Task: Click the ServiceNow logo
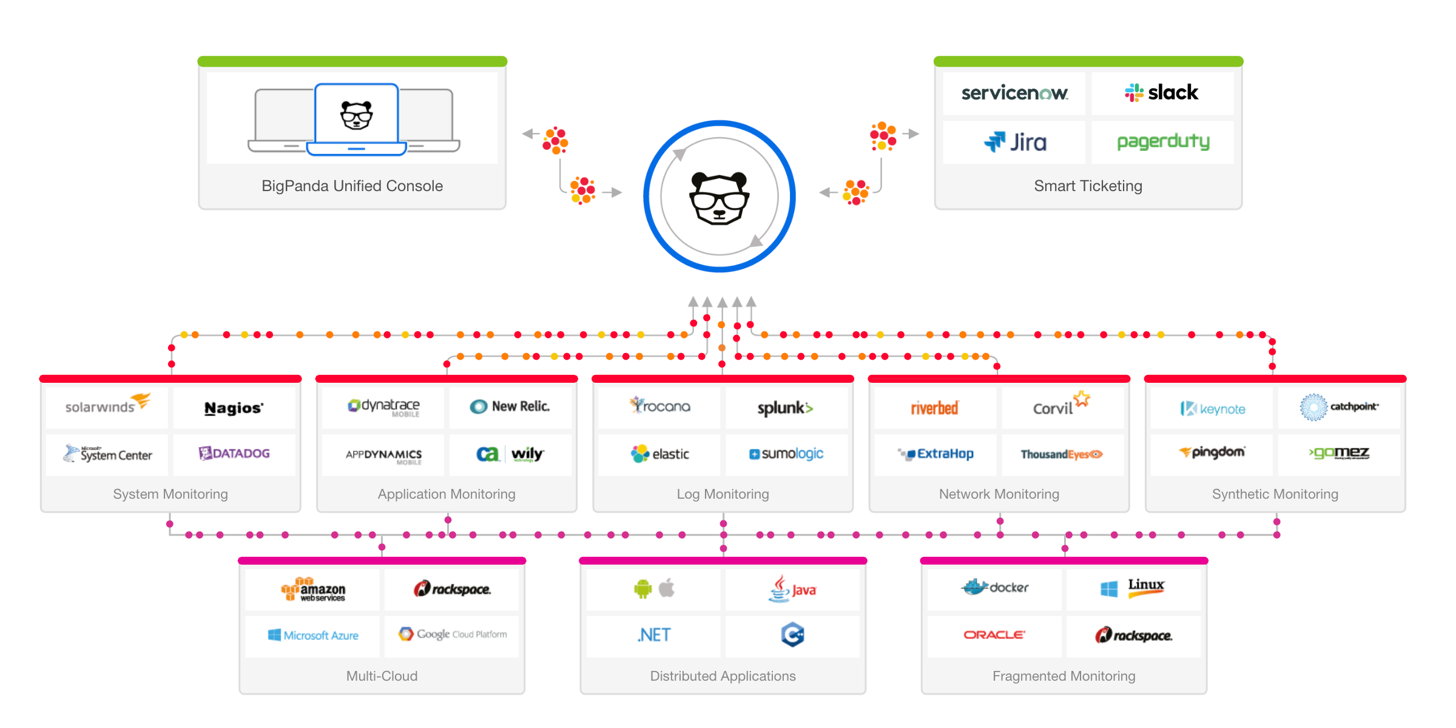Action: click(1014, 93)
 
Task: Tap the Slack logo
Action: click(1162, 92)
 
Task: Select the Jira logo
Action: click(1015, 142)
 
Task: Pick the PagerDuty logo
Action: click(1163, 142)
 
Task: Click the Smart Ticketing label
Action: click(1088, 186)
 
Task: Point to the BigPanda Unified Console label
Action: click(352, 186)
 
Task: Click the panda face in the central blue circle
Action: click(720, 198)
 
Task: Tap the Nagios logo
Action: click(234, 408)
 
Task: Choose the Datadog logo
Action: click(234, 453)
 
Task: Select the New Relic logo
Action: click(510, 406)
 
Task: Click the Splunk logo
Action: click(785, 408)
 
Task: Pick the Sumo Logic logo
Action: click(786, 454)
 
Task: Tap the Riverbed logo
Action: click(934, 408)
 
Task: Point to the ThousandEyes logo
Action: click(1061, 454)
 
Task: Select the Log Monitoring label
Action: click(723, 494)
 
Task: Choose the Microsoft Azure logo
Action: click(313, 635)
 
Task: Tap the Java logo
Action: click(792, 588)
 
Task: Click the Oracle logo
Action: click(994, 635)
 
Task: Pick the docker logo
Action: click(995, 587)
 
